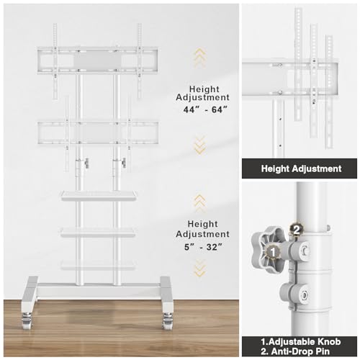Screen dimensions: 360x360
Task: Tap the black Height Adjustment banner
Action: point(300,168)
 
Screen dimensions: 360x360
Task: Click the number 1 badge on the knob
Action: point(271,251)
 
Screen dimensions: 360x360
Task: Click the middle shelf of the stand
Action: point(97,231)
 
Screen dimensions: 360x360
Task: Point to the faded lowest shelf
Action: point(97,264)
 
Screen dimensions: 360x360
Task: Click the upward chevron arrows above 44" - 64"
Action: point(199,57)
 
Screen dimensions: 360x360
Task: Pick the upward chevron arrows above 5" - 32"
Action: point(199,202)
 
